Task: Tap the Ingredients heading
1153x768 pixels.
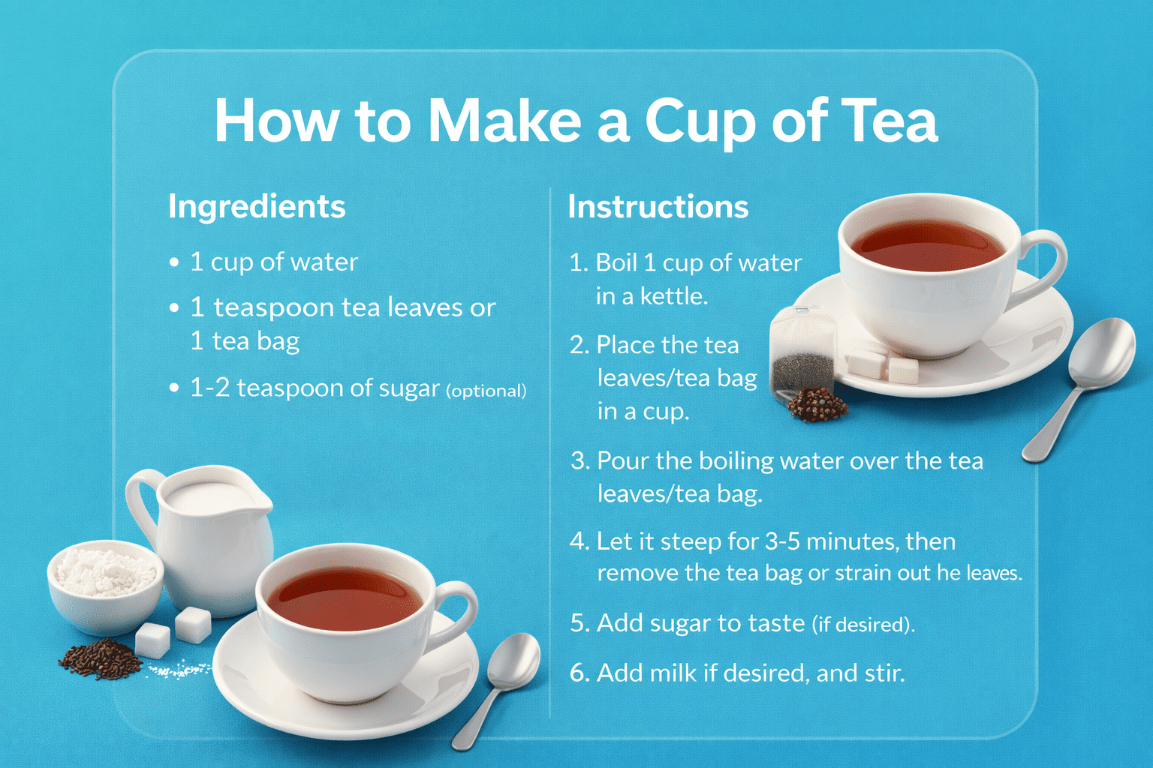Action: pos(256,207)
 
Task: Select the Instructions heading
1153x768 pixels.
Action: pos(658,207)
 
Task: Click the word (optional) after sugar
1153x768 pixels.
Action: pos(486,391)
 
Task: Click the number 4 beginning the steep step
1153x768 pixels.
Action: pos(579,541)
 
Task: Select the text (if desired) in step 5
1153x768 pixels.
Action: pos(863,625)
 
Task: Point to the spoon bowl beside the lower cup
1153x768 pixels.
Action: pos(513,660)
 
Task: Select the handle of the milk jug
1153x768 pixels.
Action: pos(143,504)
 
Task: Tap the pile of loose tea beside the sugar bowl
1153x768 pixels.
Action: pos(101,659)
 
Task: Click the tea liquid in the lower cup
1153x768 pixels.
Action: pos(345,598)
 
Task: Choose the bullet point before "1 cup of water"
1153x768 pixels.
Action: pos(174,262)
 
